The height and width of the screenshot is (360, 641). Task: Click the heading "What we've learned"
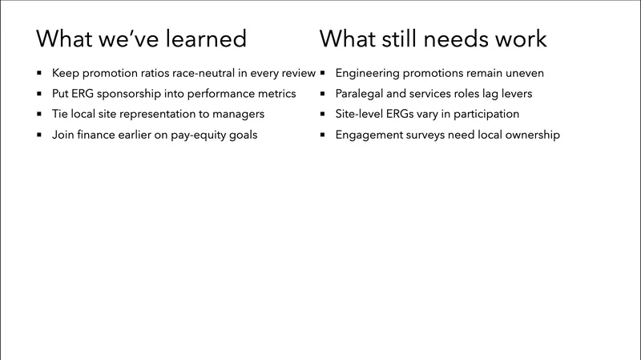click(x=141, y=38)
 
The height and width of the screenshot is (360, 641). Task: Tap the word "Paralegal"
click(x=361, y=94)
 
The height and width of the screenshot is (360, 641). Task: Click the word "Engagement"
click(x=371, y=136)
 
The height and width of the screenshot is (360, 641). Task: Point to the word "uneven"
click(x=524, y=73)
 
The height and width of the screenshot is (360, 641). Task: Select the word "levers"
click(x=514, y=94)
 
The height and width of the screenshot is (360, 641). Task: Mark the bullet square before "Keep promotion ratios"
click(x=39, y=74)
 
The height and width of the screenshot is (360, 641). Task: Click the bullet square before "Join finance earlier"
click(x=39, y=136)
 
